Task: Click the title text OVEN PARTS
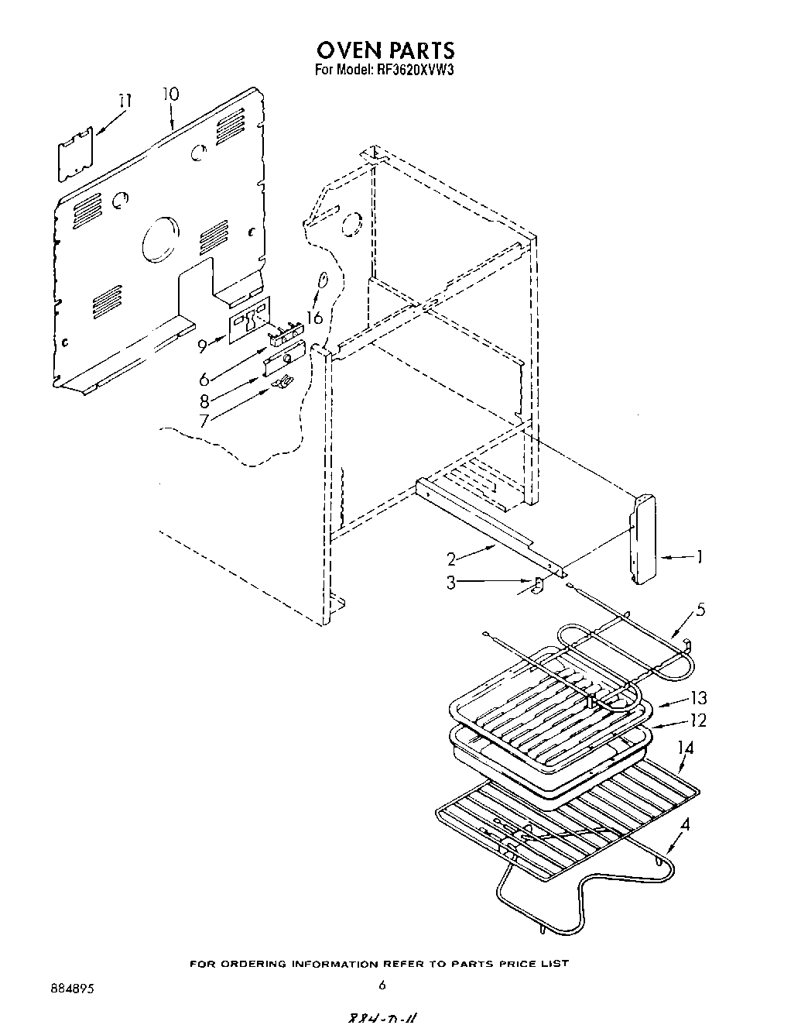[385, 50]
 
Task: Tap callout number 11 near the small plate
[125, 101]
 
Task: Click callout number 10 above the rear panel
[170, 94]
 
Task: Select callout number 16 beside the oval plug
[313, 318]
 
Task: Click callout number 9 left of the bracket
[203, 346]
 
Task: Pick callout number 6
[204, 380]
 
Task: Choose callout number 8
[204, 401]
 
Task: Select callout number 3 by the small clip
[450, 582]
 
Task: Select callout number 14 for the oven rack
[686, 748]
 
